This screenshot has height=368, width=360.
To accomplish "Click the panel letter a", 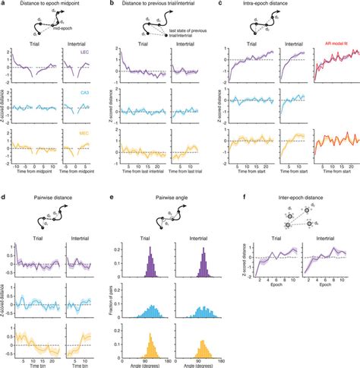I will (x=5, y=5).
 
